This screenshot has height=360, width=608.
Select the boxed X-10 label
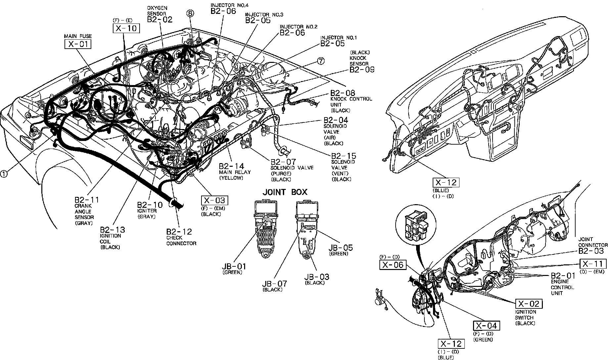126,28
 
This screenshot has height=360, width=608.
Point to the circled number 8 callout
190,13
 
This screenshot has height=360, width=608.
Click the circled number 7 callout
320,61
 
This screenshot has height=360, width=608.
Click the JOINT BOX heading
285,192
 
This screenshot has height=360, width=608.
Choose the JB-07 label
274,284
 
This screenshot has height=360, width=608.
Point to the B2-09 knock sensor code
362,69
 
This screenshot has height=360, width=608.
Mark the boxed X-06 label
393,265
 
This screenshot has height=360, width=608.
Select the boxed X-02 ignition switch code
529,304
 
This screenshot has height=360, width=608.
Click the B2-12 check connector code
179,232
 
